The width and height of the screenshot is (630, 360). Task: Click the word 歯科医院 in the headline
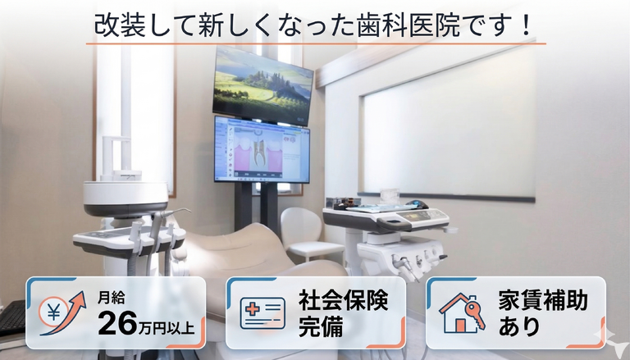point(408,25)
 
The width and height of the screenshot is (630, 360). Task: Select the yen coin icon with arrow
point(62,313)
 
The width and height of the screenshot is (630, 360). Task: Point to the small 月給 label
point(111,298)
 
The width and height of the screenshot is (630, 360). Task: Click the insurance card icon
point(262,313)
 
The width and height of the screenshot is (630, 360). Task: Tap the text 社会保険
point(343,300)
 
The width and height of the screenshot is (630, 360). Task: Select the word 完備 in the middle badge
point(320,326)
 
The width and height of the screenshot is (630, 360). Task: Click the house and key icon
point(462,313)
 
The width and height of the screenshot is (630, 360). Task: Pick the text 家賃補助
point(543,300)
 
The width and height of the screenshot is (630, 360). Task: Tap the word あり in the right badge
point(518,326)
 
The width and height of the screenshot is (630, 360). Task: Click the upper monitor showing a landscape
point(262,85)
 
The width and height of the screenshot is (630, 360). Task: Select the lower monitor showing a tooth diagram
point(262,150)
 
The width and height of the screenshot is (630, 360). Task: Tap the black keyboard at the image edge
point(12,317)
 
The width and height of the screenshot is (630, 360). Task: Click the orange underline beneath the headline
point(316,43)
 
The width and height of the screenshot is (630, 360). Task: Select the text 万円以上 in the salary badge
point(167,328)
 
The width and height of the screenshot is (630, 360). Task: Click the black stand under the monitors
point(257,206)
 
